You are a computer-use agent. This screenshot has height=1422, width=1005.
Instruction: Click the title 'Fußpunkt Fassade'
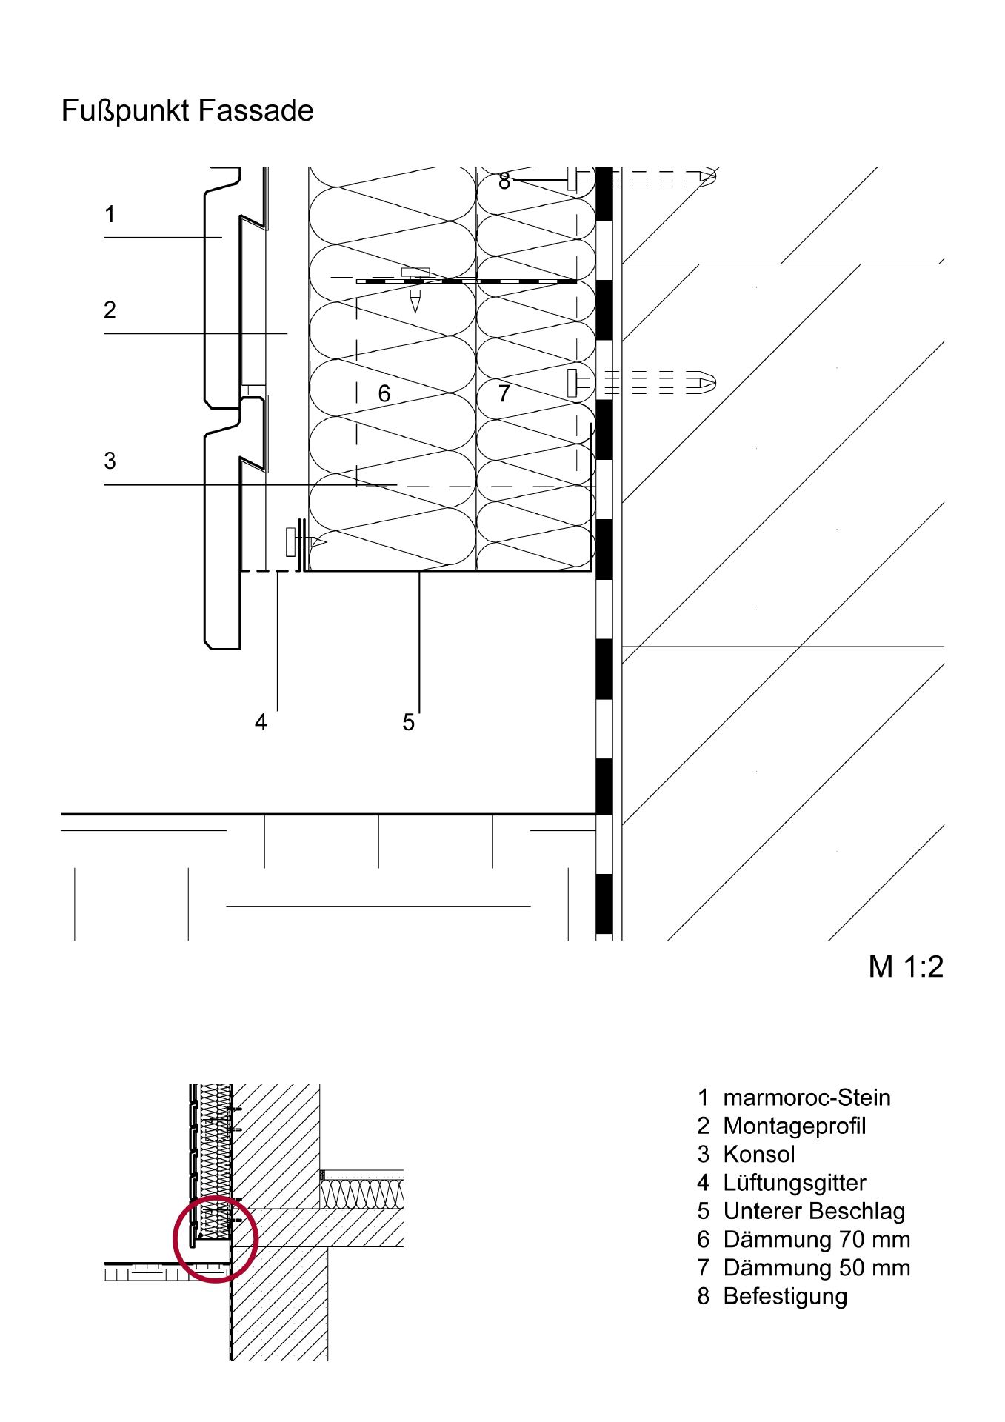pyautogui.click(x=187, y=111)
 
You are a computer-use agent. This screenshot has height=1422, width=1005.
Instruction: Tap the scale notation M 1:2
pyautogui.click(x=906, y=967)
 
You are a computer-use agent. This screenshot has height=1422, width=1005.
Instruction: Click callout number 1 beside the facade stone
pyautogui.click(x=110, y=215)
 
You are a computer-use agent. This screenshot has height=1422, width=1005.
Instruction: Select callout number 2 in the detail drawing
pyautogui.click(x=110, y=310)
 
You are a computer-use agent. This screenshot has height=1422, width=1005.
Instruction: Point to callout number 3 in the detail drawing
pyautogui.click(x=110, y=461)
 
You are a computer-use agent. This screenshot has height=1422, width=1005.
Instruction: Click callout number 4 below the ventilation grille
pyautogui.click(x=261, y=722)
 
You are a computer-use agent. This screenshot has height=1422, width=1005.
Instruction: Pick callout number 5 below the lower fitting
pyautogui.click(x=408, y=722)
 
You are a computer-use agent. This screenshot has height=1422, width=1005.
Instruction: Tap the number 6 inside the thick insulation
pyautogui.click(x=384, y=393)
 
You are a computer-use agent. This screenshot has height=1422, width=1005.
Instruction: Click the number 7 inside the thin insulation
pyautogui.click(x=504, y=393)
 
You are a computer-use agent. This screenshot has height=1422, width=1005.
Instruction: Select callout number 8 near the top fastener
pyautogui.click(x=504, y=181)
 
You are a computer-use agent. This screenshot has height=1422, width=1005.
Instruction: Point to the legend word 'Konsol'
pyautogui.click(x=759, y=1154)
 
